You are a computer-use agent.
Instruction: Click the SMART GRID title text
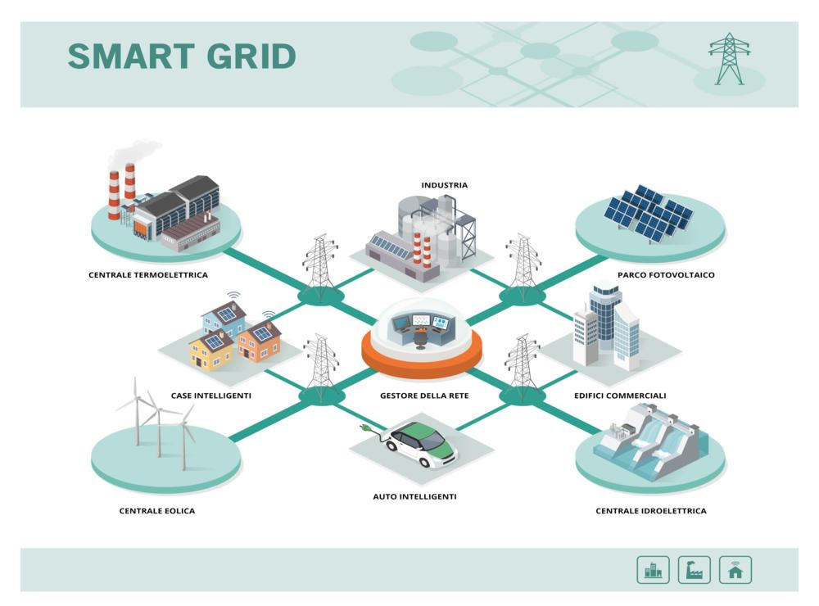click(x=181, y=57)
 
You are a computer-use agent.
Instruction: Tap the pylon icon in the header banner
click(x=729, y=59)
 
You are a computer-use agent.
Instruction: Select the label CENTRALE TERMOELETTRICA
click(x=148, y=275)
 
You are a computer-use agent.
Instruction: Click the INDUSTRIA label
click(x=445, y=185)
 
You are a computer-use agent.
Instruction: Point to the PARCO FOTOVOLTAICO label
click(x=666, y=275)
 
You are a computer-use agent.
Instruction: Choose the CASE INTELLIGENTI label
click(x=211, y=396)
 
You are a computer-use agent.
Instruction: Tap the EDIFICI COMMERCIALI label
click(x=620, y=396)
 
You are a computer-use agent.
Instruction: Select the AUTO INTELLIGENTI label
click(x=415, y=497)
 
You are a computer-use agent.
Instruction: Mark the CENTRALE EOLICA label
click(x=157, y=511)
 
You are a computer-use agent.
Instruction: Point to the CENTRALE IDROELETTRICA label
click(x=651, y=511)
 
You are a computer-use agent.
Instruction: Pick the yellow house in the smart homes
click(x=211, y=351)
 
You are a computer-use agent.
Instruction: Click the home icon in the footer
click(x=735, y=570)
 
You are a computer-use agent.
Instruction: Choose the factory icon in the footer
click(x=694, y=570)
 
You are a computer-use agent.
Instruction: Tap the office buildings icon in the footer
click(x=653, y=570)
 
